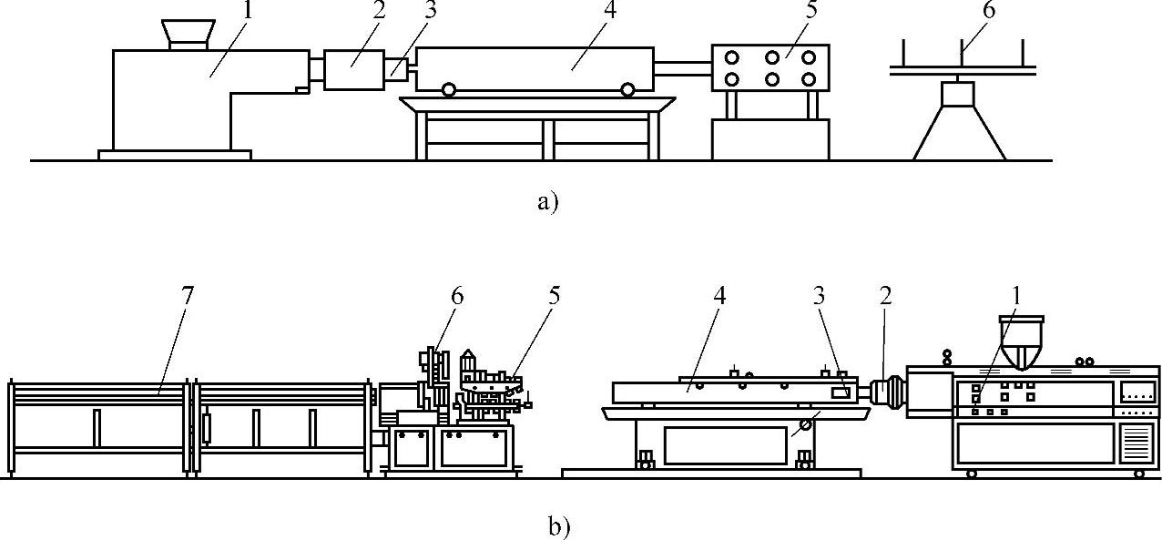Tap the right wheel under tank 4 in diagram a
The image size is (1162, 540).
(x=627, y=89)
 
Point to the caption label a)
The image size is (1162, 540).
(x=546, y=201)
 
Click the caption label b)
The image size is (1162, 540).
(x=558, y=526)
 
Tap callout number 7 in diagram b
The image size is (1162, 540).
(x=188, y=296)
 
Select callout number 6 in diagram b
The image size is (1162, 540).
(x=456, y=296)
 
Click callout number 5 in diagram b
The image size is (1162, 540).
(x=554, y=296)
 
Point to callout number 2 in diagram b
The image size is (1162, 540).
(x=885, y=296)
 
